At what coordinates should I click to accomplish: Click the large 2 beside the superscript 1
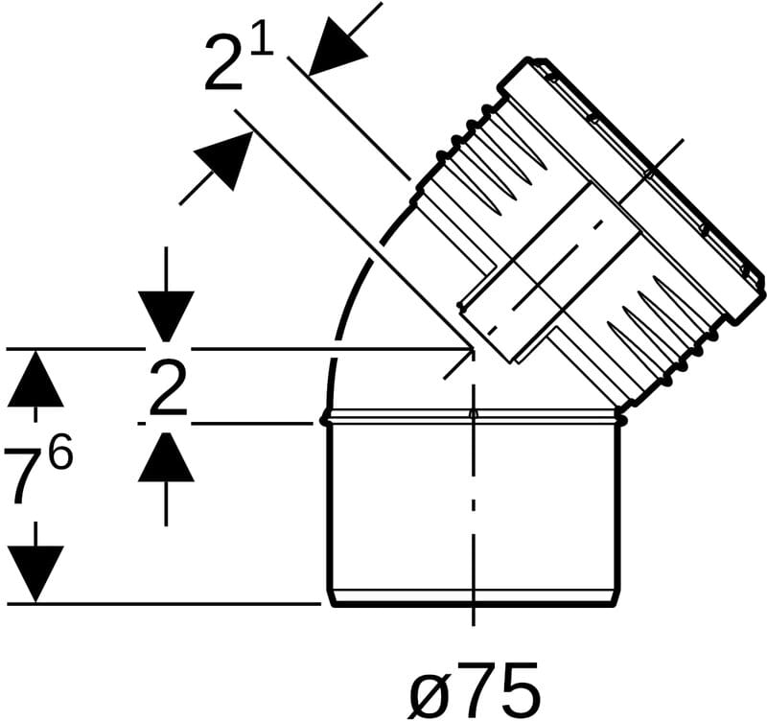pos(224,64)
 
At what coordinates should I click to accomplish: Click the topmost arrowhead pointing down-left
pos(337,47)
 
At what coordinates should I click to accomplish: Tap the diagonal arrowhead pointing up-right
pos(224,159)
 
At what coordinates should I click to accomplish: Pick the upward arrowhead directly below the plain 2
pos(166,456)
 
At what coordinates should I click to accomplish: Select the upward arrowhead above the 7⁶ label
pos(35,379)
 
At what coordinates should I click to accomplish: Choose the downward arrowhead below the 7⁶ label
pos(35,574)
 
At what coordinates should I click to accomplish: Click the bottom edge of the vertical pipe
pos(473,605)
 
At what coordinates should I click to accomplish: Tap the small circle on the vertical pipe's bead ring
pos(473,415)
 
